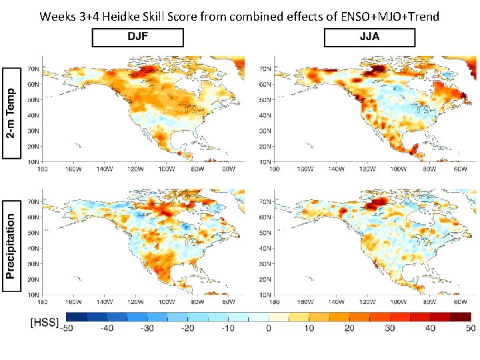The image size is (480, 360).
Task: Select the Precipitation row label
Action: pyautogui.click(x=12, y=245)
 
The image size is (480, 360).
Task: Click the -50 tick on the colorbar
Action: pyautogui.click(x=66, y=328)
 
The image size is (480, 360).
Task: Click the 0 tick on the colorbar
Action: pyautogui.click(x=268, y=328)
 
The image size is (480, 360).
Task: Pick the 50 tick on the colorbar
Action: pyautogui.click(x=470, y=328)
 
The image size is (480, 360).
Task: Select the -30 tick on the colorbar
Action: pyautogui.click(x=147, y=328)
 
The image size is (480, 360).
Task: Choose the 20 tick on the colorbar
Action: pyautogui.click(x=349, y=328)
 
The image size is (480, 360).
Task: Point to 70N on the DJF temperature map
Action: pyautogui.click(x=32, y=69)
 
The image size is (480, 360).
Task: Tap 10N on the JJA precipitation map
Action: pyautogui.click(x=265, y=294)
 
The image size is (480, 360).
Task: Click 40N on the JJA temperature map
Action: pyautogui.click(x=265, y=115)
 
